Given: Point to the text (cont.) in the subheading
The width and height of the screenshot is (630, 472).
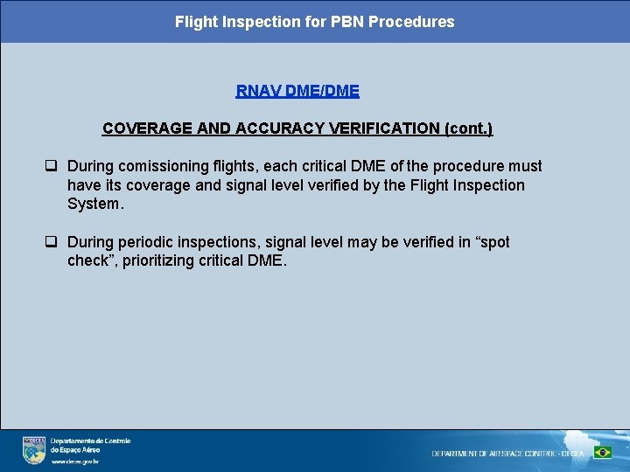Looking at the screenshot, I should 468,128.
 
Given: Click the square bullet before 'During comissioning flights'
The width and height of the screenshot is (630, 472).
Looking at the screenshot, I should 52,166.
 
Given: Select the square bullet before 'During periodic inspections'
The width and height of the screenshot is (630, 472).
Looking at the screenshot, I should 52,242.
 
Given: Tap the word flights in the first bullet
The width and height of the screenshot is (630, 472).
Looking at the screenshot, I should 233,166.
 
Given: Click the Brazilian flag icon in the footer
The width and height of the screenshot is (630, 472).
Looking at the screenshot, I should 603,453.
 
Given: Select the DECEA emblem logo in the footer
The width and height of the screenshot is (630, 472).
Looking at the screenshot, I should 33,450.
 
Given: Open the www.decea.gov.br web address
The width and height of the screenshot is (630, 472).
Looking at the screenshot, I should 74,461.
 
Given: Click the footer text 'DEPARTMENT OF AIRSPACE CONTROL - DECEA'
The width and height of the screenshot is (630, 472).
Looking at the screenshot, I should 507,454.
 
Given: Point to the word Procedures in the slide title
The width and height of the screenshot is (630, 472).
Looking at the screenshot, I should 411,22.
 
